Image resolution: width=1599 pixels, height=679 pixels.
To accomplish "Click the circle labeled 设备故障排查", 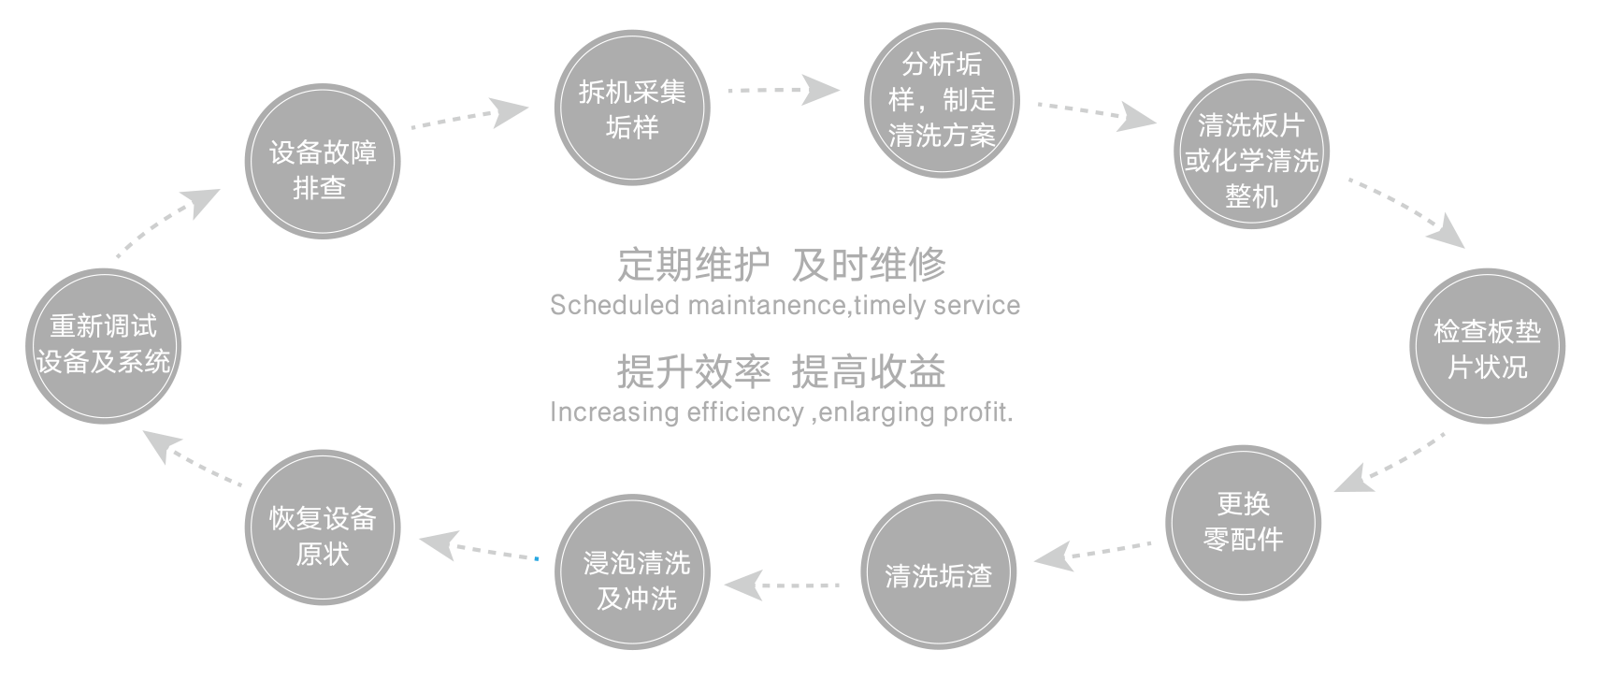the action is (323, 162).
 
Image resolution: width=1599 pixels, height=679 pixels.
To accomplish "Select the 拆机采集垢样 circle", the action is (632, 108).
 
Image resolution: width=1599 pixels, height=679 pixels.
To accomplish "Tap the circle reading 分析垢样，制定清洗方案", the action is (942, 100).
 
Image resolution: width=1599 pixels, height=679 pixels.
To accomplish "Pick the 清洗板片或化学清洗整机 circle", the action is (1251, 151).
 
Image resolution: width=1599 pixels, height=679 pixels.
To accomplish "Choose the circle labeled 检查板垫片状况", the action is (1488, 346).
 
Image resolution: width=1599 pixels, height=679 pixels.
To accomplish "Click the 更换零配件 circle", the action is (1244, 523).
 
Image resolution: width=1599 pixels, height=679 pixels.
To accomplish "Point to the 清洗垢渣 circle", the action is (939, 571).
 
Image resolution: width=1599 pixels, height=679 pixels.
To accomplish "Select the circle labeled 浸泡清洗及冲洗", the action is (632, 571).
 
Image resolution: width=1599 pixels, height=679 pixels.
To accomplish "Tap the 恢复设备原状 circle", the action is (323, 527).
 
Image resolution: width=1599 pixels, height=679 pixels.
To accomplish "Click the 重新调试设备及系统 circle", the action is (104, 346).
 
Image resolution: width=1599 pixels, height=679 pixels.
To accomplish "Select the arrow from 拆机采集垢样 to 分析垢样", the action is (783, 90).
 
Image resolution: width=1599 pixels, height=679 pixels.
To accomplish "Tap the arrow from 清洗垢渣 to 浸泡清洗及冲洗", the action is (782, 585).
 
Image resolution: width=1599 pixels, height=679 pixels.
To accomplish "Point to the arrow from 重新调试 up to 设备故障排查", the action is (168, 222).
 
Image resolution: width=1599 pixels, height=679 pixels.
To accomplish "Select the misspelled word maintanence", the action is (768, 306).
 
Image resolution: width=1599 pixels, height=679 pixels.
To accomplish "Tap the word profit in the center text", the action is (978, 412).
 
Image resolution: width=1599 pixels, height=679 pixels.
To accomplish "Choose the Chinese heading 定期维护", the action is (693, 265).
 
